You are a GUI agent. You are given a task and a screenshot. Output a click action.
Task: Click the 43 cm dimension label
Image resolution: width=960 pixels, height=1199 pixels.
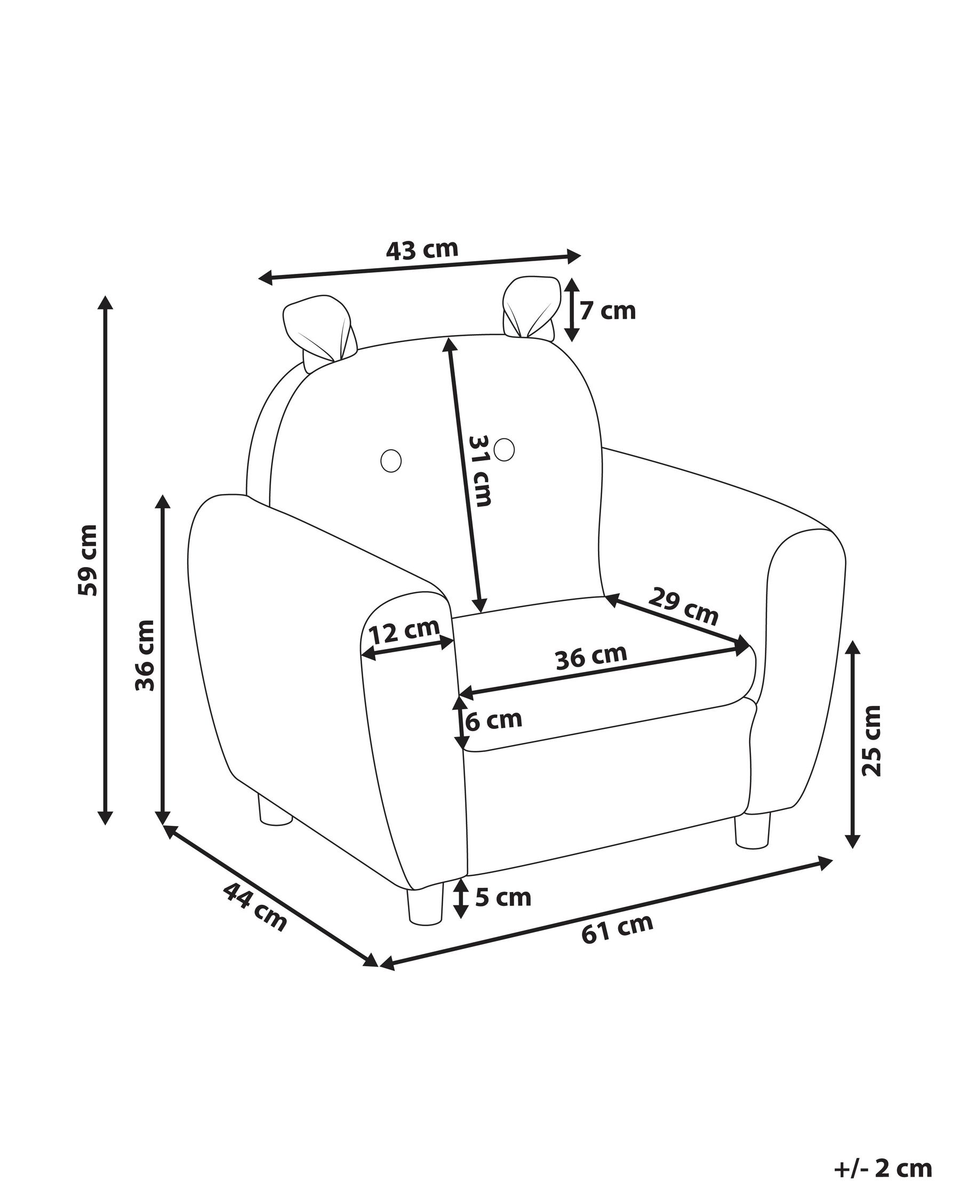click(x=422, y=250)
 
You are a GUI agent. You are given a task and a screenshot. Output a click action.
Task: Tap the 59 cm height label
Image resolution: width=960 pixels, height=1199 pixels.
click(x=88, y=560)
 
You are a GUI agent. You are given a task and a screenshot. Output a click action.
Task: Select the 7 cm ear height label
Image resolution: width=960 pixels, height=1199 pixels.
click(x=607, y=311)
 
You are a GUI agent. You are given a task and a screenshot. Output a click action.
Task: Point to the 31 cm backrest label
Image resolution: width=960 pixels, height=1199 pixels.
click(x=479, y=471)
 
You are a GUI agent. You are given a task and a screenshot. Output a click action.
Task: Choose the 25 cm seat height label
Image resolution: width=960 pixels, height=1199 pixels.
click(x=871, y=741)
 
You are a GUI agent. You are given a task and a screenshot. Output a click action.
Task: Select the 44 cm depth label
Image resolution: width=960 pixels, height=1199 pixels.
click(x=255, y=907)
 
